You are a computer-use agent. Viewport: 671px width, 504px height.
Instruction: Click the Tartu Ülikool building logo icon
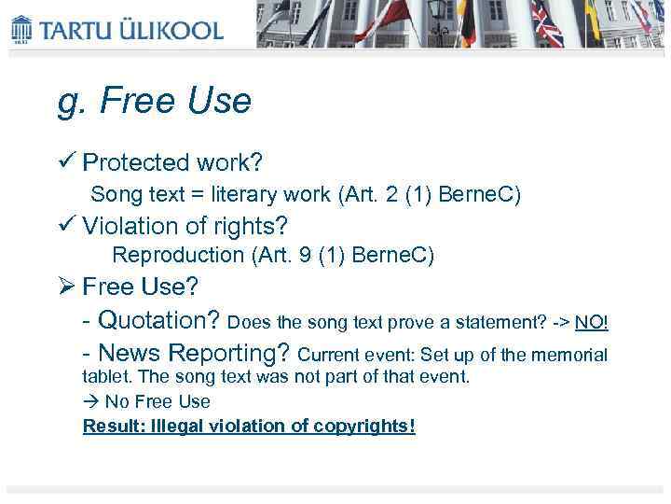click(21, 29)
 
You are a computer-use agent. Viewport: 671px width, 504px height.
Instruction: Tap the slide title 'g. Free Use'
click(155, 101)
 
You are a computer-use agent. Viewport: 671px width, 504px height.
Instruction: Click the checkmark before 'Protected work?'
click(66, 162)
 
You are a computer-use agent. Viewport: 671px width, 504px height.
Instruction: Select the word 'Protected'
click(135, 163)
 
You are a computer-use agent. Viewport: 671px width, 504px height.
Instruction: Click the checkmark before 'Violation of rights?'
click(66, 226)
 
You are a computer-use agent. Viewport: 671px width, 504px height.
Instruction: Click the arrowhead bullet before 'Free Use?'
click(67, 285)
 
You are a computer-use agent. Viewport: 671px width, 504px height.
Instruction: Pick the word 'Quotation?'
click(158, 321)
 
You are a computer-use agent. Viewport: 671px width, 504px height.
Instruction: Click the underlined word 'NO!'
click(591, 323)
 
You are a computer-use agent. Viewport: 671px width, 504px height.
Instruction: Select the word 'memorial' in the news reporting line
click(573, 356)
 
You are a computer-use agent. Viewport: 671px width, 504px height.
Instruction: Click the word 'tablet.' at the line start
click(106, 377)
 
